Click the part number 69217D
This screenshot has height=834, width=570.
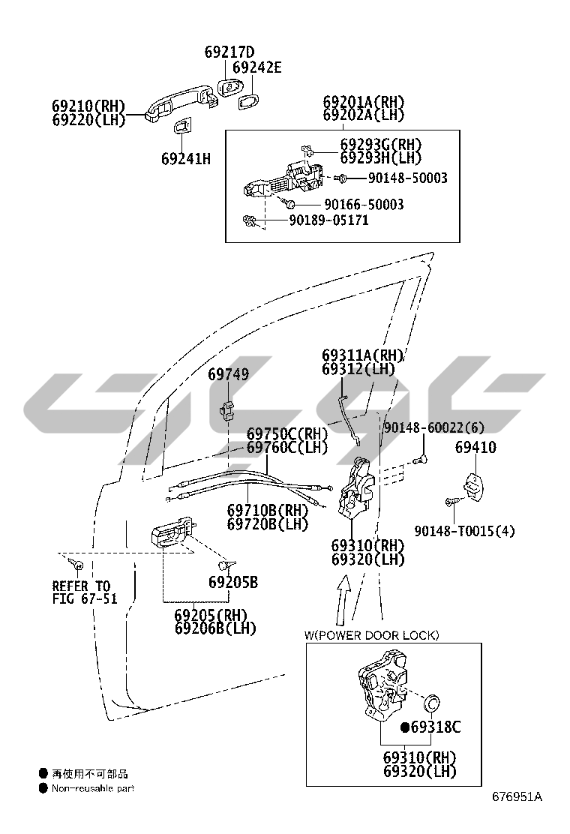(x=229, y=52)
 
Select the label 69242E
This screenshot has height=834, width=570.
(x=256, y=68)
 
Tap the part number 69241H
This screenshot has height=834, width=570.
(x=186, y=158)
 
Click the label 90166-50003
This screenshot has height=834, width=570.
(x=364, y=204)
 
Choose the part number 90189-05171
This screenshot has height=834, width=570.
(x=328, y=220)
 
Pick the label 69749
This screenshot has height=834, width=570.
(x=229, y=374)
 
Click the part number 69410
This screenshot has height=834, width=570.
(x=475, y=448)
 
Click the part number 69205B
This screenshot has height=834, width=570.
(x=233, y=582)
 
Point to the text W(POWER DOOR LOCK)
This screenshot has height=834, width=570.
(x=371, y=635)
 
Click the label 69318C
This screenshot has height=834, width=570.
(x=435, y=727)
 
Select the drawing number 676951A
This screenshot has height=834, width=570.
(x=517, y=796)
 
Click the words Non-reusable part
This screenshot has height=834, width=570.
(x=93, y=788)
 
